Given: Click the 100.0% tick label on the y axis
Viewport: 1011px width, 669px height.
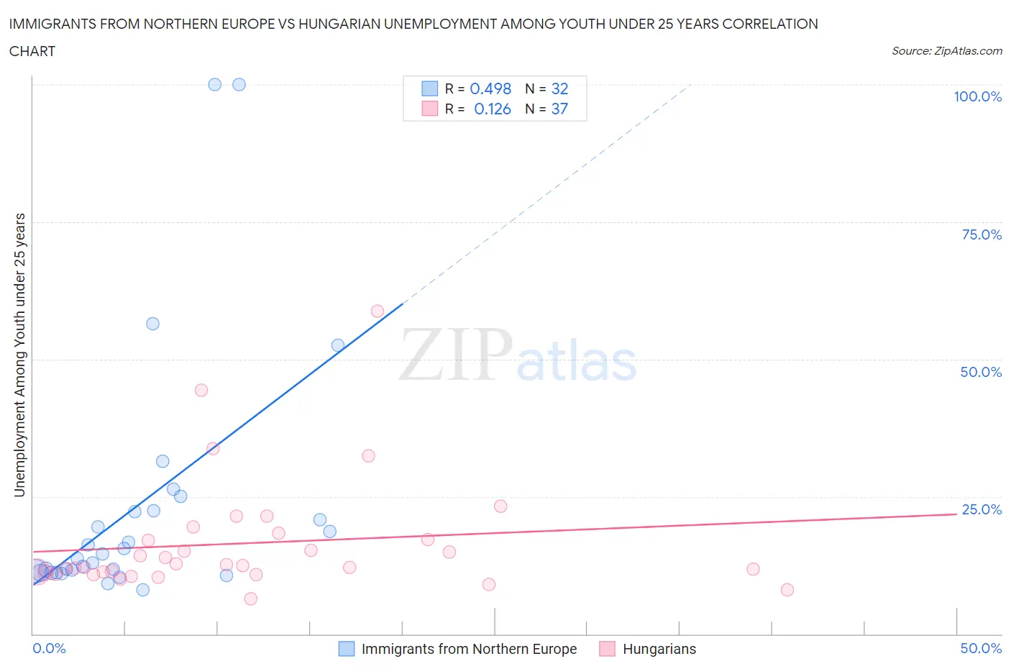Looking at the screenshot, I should tap(977, 96).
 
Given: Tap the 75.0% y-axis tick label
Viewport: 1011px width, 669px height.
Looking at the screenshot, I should tap(982, 235).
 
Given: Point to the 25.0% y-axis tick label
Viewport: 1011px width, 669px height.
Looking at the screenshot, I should tap(982, 509).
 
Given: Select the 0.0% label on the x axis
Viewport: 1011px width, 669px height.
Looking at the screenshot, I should tap(49, 648).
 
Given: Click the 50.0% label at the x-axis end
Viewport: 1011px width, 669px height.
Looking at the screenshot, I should tap(981, 648).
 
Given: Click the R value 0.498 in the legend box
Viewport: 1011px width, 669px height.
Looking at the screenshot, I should tap(490, 88).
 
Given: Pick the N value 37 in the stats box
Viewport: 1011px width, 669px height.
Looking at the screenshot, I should tap(559, 109).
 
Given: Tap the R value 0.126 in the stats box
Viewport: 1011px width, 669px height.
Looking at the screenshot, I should tap(493, 109).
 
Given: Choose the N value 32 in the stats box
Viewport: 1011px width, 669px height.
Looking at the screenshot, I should tap(559, 88).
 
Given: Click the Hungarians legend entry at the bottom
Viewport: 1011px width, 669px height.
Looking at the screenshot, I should tap(659, 649).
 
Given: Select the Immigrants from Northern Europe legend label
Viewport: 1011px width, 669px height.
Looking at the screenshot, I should tap(469, 649).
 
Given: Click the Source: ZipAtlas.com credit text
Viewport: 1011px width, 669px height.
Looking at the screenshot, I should tap(946, 50).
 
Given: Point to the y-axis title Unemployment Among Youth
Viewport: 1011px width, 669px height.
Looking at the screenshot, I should tap(19, 355).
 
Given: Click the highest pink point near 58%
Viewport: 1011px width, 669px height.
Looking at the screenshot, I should tap(378, 311).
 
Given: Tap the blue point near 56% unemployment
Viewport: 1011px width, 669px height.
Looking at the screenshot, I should tap(152, 324).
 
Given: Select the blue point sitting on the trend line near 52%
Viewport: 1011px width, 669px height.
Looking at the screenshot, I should tap(338, 345).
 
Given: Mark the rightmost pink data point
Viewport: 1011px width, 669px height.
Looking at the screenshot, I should tap(787, 590).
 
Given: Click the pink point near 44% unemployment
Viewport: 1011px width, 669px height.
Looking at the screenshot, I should tap(201, 390).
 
